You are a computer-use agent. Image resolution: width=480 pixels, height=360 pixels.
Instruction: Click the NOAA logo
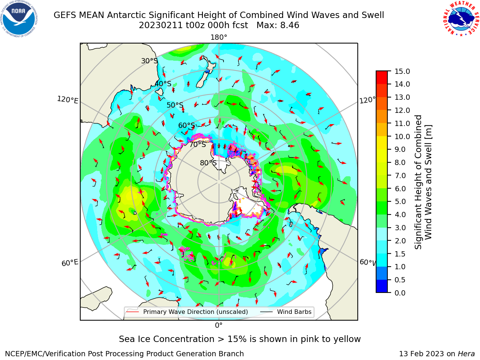pos(19,19)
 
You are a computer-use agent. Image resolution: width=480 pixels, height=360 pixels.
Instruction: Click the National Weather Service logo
pos(461,19)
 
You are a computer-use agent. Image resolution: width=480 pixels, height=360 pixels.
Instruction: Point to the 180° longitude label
pos(219,37)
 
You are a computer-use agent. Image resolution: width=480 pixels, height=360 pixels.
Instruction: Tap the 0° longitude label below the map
pos(219,325)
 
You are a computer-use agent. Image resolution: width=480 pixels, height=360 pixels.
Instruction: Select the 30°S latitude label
pos(149,61)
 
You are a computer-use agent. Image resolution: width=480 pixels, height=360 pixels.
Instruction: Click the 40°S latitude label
pos(163,84)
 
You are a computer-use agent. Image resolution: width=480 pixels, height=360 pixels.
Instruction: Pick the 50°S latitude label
pos(175,105)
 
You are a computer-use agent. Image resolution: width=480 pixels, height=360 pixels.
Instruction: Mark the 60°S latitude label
pos(186,126)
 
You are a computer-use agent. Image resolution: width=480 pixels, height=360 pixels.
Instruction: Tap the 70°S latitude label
pos(198,145)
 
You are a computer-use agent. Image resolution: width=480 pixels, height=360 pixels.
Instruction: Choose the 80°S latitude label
pos(208,163)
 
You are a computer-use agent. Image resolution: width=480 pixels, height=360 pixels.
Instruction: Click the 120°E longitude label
pos(67,100)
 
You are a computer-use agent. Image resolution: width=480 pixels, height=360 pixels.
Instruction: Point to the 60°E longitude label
pos(70,263)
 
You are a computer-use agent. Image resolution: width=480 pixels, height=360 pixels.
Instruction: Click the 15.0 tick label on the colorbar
pos(402,71)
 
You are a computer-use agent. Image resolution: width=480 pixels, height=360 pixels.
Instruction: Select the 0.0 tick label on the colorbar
pos(400,293)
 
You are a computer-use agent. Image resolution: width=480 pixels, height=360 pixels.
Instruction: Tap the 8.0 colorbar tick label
pos(400,163)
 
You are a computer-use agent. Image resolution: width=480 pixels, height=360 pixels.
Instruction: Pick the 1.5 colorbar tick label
pos(400,254)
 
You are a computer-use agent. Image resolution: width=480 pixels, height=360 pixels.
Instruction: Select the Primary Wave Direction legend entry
pos(187,312)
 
